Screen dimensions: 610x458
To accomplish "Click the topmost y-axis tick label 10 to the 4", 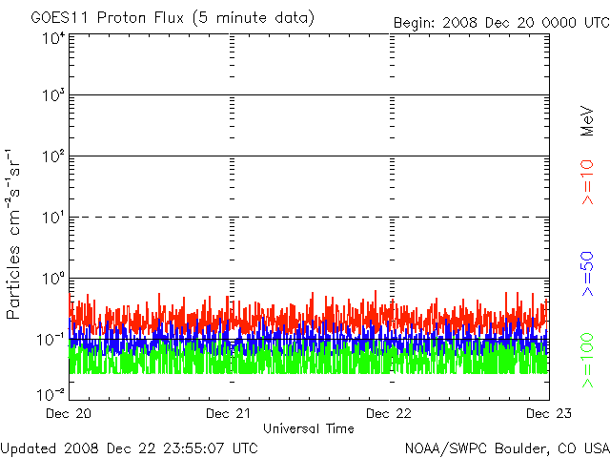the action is (53, 39).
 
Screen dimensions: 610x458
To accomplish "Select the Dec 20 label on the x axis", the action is (69, 413).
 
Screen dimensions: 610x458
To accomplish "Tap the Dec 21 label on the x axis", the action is (229, 413).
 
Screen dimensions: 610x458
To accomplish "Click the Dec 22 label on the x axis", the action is (389, 413).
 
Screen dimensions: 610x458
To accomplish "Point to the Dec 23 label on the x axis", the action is (549, 413).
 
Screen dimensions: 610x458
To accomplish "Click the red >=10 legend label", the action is (587, 182).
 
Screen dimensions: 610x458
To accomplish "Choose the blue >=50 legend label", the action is (587, 274).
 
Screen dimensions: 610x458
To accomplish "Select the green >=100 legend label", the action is (587, 361).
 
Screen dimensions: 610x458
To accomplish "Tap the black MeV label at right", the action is (587, 121).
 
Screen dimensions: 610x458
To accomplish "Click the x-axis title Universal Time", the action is (309, 428).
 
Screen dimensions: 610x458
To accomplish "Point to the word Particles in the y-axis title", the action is (12, 282).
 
